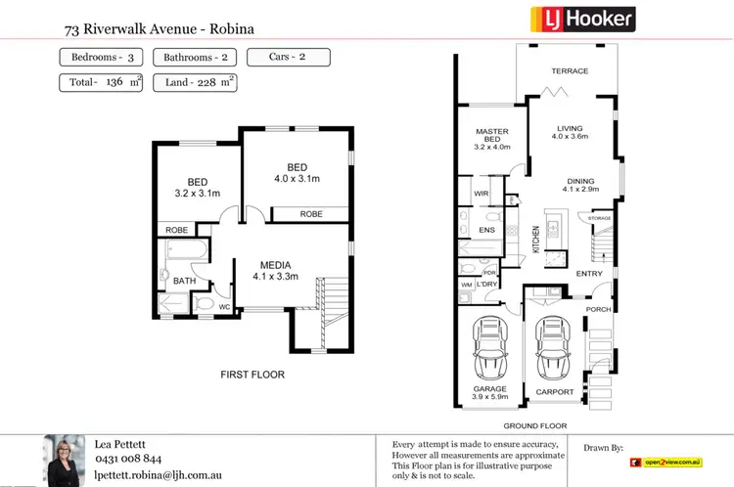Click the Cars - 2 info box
[288, 58]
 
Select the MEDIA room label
[280, 264]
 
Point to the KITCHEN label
[535, 240]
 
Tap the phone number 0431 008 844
[128, 458]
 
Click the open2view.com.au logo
[667, 461]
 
